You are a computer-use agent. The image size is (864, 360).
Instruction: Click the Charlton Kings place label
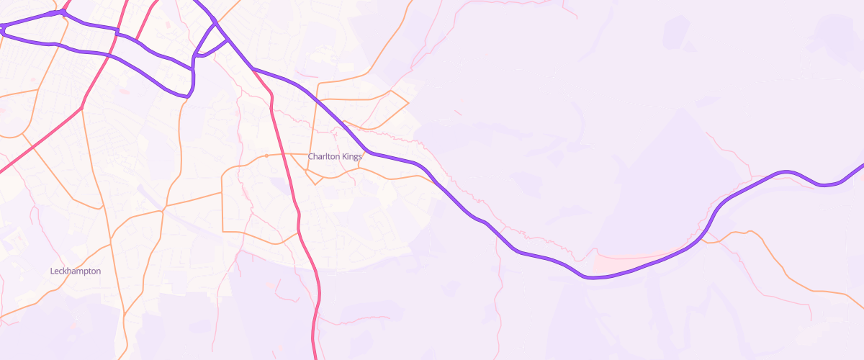coord(335,156)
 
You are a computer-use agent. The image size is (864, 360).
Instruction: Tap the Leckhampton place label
coord(76,271)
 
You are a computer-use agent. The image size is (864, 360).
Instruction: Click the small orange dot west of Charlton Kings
coord(266,156)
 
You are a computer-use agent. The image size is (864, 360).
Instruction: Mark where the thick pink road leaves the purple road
coord(253,68)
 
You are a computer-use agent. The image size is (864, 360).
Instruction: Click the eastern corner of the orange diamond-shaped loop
coord(408,103)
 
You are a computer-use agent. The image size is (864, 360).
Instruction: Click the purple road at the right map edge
coord(861,166)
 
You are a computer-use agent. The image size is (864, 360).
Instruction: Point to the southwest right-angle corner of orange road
coord(222,231)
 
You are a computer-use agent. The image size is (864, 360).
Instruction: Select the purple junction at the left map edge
coord(3,28)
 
